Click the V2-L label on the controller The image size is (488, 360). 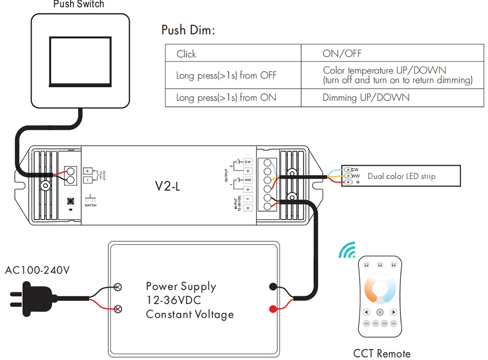pos(168,185)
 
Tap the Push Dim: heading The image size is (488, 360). pos(188,30)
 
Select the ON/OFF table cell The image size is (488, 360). pos(342,54)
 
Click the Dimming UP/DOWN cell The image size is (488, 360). pos(366,98)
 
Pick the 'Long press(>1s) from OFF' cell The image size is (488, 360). pos(226,76)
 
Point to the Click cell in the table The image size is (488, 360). pos(186,54)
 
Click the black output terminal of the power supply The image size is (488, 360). pos(273,287)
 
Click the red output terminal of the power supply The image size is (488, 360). pos(273,308)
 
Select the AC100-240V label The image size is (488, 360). pos(37,270)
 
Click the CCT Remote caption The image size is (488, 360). pos(382,353)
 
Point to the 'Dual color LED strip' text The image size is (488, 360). pos(401,176)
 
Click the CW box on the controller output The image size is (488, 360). pos(248,161)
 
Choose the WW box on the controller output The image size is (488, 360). pos(248,180)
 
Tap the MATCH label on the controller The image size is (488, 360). pos(90,206)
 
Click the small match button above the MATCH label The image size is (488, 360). pos(71,200)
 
